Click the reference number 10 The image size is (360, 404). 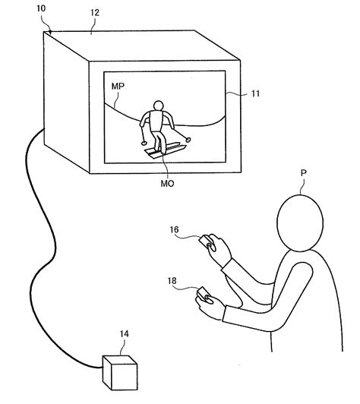pyautogui.click(x=41, y=8)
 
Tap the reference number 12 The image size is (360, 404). pyautogui.click(x=95, y=12)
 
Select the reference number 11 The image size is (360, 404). pyautogui.click(x=255, y=93)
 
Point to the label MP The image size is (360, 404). pyautogui.click(x=118, y=86)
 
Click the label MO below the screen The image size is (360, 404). pyautogui.click(x=167, y=184)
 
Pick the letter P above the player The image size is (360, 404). pyautogui.click(x=304, y=173)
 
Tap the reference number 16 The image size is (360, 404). pyautogui.click(x=174, y=229)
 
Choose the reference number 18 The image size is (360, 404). pyautogui.click(x=172, y=280)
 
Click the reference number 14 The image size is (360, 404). pyautogui.click(x=124, y=333)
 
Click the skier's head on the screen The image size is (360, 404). pyautogui.click(x=158, y=106)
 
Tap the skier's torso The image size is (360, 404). pyautogui.click(x=156, y=121)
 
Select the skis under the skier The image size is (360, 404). pyautogui.click(x=165, y=150)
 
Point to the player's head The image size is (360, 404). pyautogui.click(x=300, y=223)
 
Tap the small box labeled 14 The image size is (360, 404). pyautogui.click(x=120, y=373)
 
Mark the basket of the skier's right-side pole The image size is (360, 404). pyautogui.click(x=188, y=140)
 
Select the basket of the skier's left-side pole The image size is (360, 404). pyautogui.click(x=144, y=143)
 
